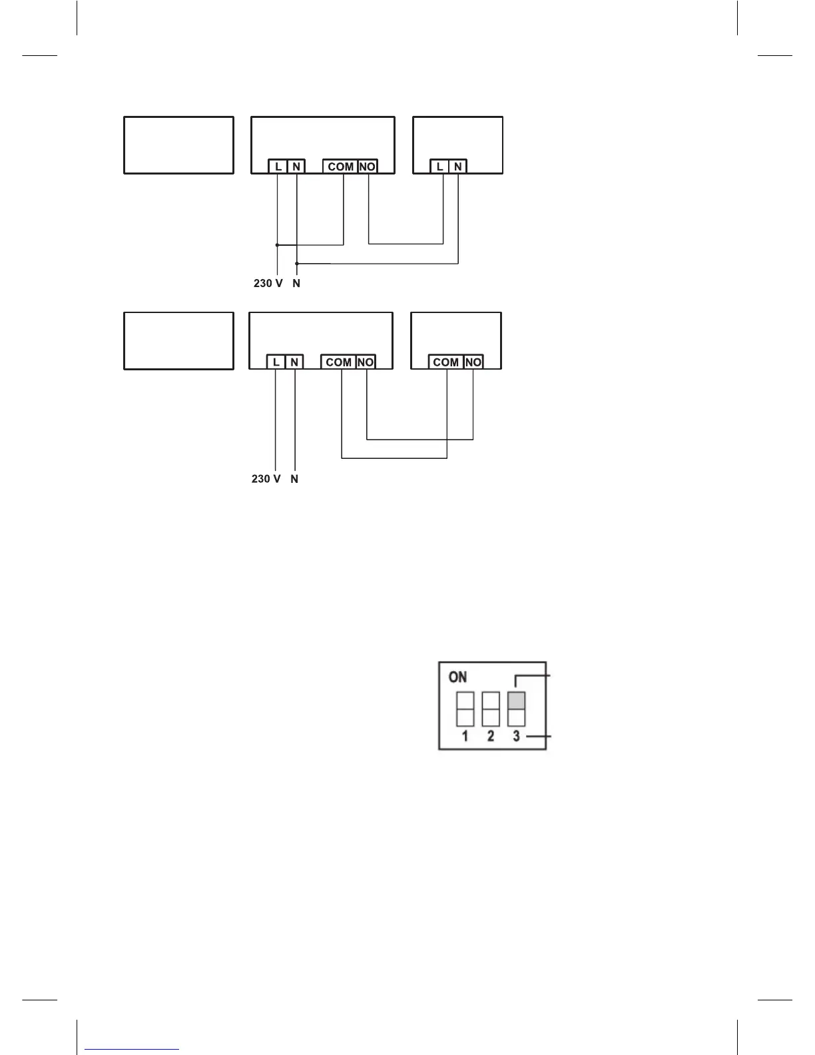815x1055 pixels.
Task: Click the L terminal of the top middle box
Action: click(278, 167)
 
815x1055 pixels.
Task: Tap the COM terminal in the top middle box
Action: click(340, 167)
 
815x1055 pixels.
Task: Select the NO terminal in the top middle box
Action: click(368, 167)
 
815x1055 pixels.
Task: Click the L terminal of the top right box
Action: click(439, 167)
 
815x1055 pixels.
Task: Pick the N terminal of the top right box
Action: click(457, 167)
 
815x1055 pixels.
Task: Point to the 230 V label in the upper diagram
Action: click(268, 283)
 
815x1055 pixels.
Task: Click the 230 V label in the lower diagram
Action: click(266, 479)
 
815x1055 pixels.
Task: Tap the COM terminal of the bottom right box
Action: click(445, 362)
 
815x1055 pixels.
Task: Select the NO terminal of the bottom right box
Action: click(473, 362)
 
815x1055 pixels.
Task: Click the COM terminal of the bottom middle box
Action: click(338, 362)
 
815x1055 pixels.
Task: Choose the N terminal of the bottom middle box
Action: click(294, 362)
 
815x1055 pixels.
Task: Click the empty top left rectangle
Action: click(179, 145)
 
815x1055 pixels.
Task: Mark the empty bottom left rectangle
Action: click(179, 341)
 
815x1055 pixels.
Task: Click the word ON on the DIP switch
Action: click(458, 677)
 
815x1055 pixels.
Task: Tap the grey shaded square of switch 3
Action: click(517, 701)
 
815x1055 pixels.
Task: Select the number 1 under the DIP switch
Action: click(465, 736)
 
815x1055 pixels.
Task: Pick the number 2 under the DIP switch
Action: click(491, 736)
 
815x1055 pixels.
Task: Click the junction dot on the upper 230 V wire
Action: click(277, 244)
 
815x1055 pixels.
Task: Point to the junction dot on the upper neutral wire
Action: click(296, 264)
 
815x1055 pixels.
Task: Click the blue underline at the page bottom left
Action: click(133, 1050)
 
